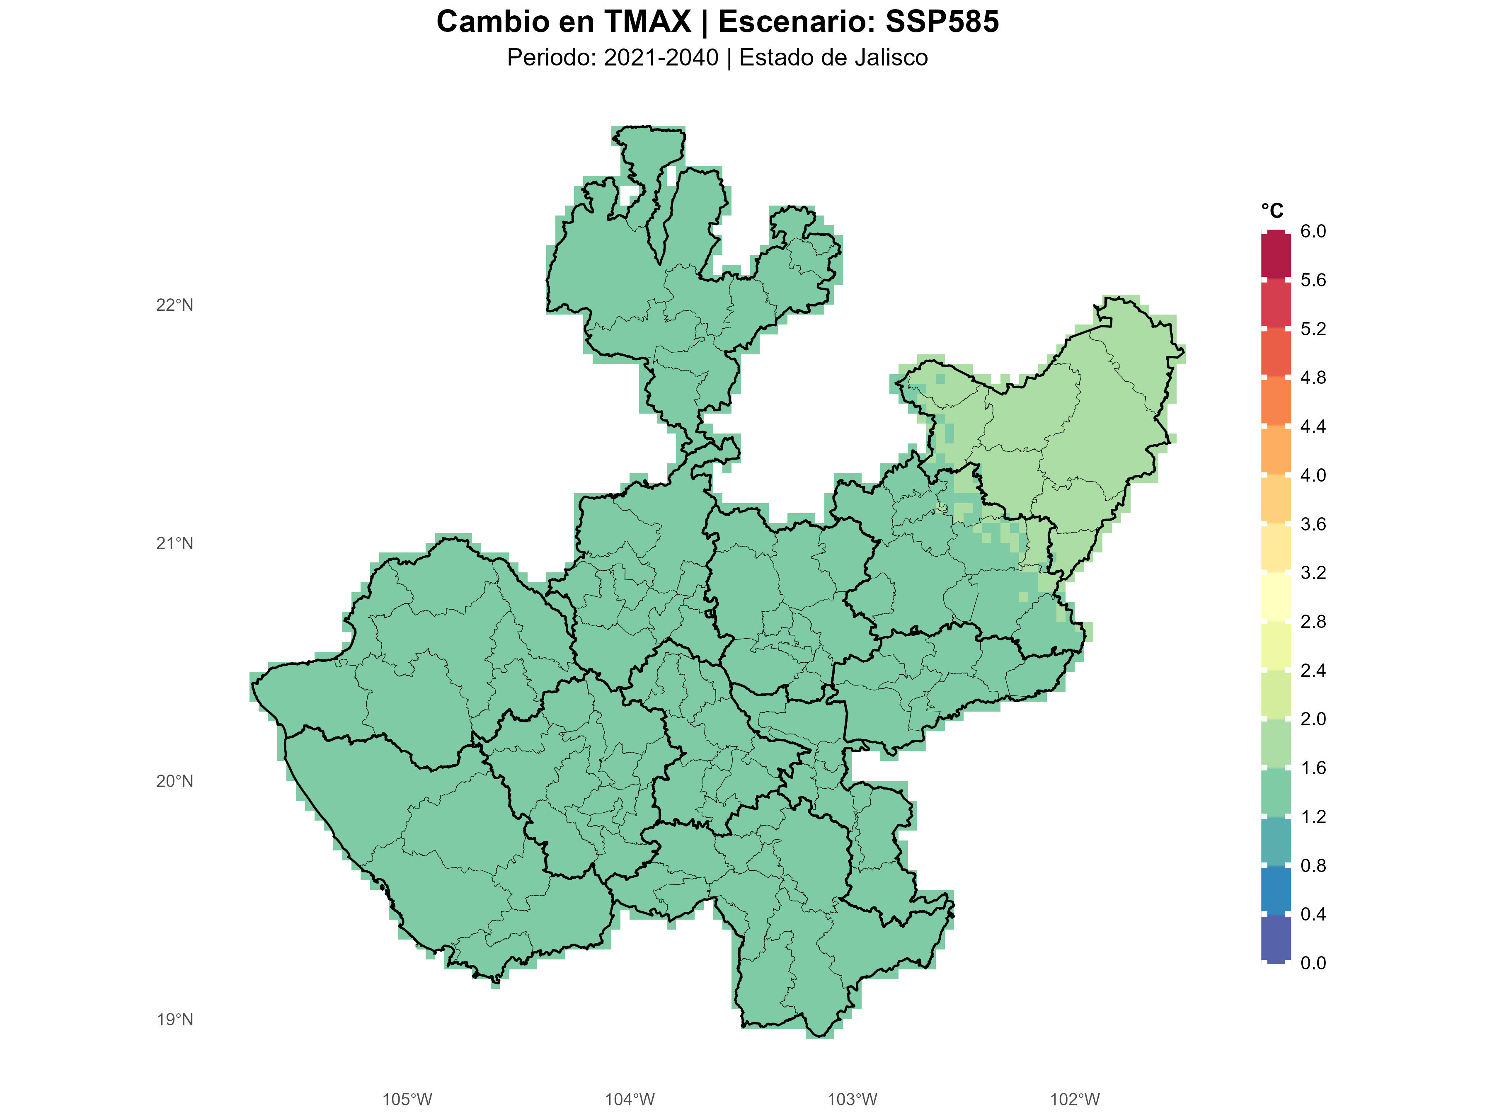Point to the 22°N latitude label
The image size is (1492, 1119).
(x=175, y=305)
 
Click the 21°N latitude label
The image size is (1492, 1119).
(x=175, y=544)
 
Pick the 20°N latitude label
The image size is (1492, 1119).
(x=175, y=782)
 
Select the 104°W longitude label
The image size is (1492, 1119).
(x=629, y=1100)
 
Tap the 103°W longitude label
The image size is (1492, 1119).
(x=852, y=1100)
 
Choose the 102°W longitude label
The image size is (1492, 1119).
(x=1075, y=1100)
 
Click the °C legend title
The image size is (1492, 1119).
(x=1272, y=211)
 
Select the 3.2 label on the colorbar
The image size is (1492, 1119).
(x=1313, y=573)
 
